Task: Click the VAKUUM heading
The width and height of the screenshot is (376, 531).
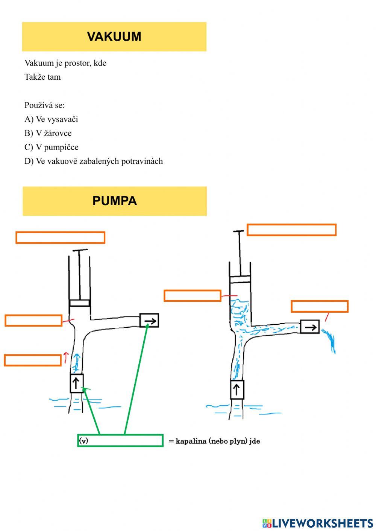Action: [114, 36]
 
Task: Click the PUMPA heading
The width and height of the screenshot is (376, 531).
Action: [114, 201]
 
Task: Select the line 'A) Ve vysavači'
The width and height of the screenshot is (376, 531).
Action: [51, 119]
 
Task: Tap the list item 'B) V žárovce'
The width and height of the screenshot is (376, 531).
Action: [48, 133]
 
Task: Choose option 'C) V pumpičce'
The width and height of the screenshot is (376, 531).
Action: [51, 147]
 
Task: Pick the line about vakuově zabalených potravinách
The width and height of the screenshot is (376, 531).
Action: [94, 161]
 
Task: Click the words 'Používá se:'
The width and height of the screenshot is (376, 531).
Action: [44, 105]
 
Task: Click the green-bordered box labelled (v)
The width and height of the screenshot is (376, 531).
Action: [120, 440]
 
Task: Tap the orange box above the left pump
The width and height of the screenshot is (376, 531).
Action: [60, 238]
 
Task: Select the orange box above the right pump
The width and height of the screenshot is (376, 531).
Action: [291, 230]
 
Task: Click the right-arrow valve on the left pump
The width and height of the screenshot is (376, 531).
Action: [149, 321]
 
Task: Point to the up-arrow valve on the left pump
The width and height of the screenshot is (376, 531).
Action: [77, 383]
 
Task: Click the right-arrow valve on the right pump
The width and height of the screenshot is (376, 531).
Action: [310, 327]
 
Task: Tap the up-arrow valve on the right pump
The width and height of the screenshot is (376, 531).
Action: [237, 390]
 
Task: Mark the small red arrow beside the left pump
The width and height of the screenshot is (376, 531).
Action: [66, 357]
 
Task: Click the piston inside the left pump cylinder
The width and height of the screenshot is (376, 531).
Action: [79, 303]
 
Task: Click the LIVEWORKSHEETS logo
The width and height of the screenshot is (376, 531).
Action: [318, 523]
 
